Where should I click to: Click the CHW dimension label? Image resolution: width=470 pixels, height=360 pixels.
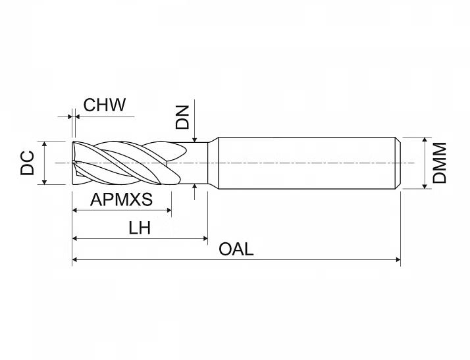[104, 105]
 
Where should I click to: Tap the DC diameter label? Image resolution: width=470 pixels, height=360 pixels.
[27, 163]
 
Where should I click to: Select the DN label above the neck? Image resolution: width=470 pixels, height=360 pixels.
[182, 117]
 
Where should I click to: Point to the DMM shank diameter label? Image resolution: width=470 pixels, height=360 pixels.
[440, 163]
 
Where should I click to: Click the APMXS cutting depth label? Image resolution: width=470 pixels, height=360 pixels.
[121, 199]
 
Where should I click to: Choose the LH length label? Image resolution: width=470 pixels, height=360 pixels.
[140, 228]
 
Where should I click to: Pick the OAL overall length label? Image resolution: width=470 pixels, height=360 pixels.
[236, 249]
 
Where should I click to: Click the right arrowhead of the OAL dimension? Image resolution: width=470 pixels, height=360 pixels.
[398, 259]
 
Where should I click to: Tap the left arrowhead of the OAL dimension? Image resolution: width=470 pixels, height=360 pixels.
[74, 259]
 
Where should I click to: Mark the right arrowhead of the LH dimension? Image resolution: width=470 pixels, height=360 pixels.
[205, 239]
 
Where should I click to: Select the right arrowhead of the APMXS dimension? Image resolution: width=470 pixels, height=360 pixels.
[169, 211]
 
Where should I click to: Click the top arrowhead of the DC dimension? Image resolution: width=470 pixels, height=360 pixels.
[44, 144]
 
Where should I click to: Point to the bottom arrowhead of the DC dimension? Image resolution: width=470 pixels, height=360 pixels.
[44, 182]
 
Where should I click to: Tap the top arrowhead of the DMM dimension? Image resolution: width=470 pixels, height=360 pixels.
[425, 140]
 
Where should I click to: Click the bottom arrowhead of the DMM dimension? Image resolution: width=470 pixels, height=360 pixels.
[425, 186]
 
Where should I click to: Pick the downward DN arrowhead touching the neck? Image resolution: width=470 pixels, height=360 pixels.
[195, 140]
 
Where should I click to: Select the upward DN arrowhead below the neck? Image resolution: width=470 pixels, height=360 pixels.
[195, 187]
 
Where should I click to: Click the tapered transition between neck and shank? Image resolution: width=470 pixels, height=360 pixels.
[213, 163]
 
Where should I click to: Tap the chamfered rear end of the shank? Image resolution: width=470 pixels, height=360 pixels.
[398, 163]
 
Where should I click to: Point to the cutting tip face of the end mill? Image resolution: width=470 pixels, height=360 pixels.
[74, 163]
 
